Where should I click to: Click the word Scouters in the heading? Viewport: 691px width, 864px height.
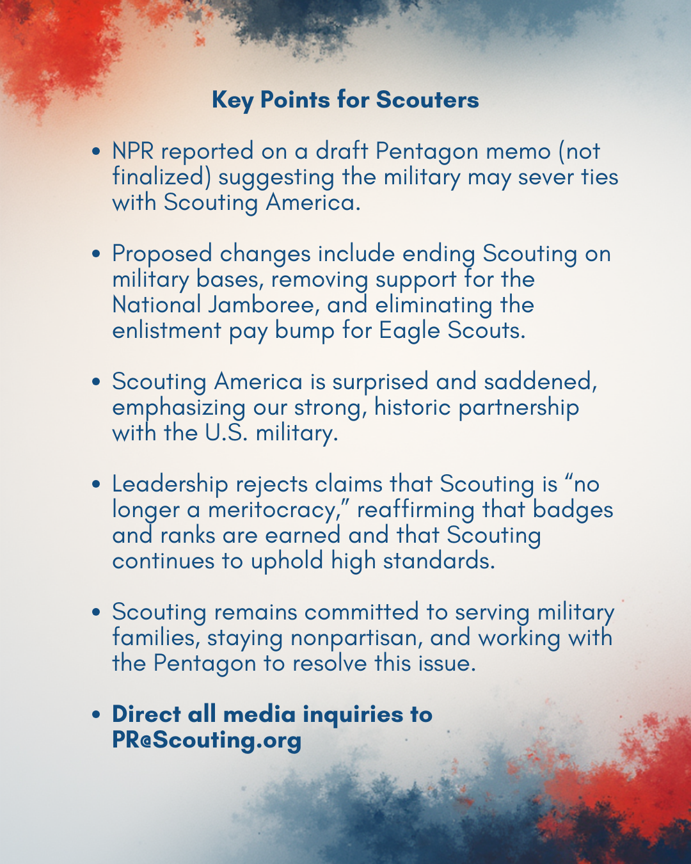point(427,100)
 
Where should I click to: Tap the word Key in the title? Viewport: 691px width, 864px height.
point(232,100)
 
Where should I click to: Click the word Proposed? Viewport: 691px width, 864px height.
point(162,254)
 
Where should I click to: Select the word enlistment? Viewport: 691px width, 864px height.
point(167,331)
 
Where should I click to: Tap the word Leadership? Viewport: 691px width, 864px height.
point(170,484)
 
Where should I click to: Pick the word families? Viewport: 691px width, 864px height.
point(154,638)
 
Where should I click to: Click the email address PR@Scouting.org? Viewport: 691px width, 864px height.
point(207,740)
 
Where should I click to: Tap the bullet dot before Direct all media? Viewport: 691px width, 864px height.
point(97,715)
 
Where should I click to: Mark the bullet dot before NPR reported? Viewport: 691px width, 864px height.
point(97,152)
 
